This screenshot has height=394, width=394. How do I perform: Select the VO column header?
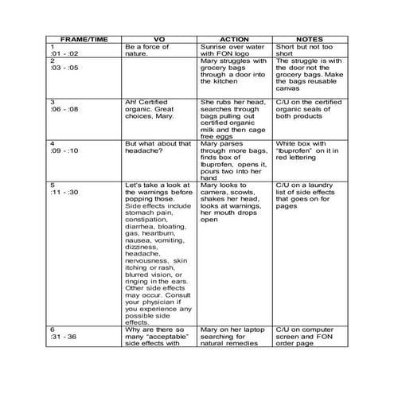pos(160,39)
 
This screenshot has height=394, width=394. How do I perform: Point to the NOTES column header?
pos(309,39)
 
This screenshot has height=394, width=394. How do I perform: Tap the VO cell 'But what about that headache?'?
pos(157,147)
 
